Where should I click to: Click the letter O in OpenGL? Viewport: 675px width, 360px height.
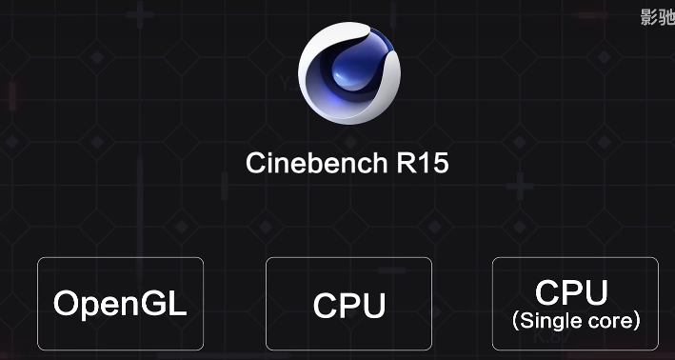pyautogui.click(x=67, y=304)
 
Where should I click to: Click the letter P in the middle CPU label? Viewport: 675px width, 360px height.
pyautogui.click(x=349, y=307)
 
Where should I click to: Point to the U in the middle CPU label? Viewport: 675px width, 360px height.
pyautogui.click(x=373, y=307)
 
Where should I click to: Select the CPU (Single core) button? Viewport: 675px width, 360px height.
pyautogui.click(x=575, y=304)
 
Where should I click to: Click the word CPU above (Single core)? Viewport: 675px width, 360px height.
pyautogui.click(x=571, y=291)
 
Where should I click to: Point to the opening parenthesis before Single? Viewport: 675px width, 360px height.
pyautogui.click(x=515, y=322)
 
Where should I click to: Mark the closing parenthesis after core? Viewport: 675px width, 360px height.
pyautogui.click(x=637, y=322)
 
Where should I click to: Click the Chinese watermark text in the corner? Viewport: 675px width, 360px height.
pyautogui.click(x=657, y=16)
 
